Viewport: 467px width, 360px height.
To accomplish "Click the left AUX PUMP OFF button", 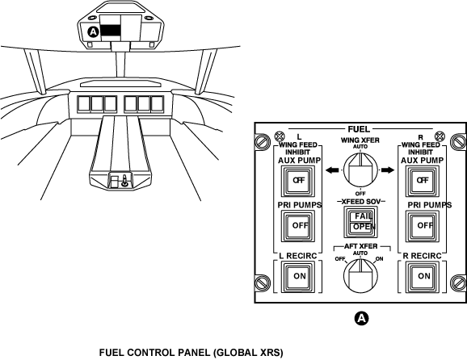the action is (x=298, y=180).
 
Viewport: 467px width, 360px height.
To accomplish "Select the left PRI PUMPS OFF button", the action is (x=298, y=226).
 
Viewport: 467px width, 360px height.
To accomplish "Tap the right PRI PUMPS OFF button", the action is (x=423, y=226).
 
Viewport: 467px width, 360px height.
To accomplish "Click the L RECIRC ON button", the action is (x=298, y=276).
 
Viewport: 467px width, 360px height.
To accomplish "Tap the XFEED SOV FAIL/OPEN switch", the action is (x=360, y=222).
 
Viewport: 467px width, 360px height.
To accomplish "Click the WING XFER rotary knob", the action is (x=360, y=170).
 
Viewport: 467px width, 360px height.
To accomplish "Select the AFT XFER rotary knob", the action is (x=360, y=276).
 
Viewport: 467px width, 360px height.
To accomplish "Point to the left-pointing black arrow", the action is (x=332, y=170).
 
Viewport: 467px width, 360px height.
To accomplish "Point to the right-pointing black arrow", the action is (x=388, y=170).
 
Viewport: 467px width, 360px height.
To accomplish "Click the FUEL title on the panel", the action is (x=359, y=129).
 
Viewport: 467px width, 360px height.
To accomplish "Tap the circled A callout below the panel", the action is (x=361, y=318).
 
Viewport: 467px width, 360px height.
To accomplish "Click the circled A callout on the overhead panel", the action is (x=93, y=31).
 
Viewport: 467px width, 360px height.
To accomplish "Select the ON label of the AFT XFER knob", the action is (x=379, y=259).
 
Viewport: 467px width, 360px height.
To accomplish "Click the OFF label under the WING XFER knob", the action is (x=360, y=194).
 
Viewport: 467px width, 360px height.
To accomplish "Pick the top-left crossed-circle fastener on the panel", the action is (x=280, y=136).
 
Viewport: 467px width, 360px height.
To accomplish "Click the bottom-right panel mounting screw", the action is (x=458, y=282).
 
